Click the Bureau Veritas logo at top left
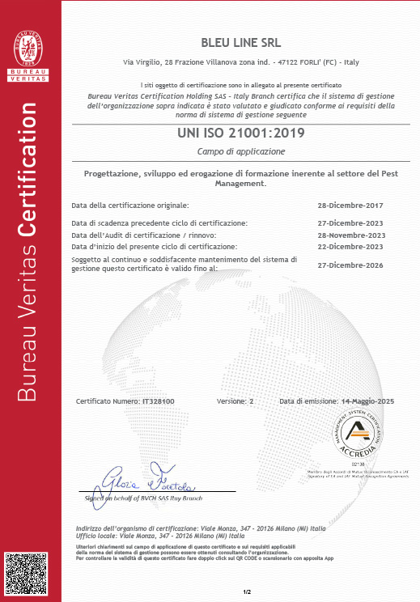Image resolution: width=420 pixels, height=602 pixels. (x=28, y=48)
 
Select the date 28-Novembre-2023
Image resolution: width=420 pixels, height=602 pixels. (x=350, y=235)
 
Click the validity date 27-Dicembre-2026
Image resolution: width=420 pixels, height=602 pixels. (x=350, y=265)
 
